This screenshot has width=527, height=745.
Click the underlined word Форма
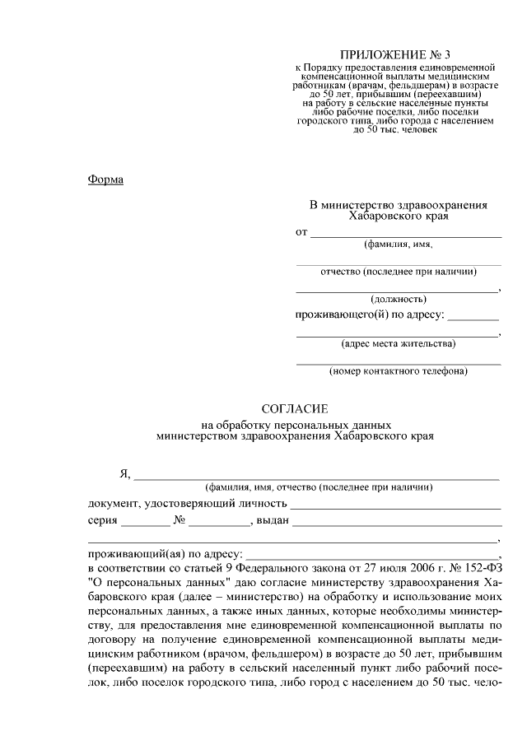coord(105,180)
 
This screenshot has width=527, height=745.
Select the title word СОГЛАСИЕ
coord(295,409)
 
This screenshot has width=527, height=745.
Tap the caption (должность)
coord(398,299)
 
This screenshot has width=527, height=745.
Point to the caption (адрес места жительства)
coord(398,343)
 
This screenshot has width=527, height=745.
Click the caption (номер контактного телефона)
coord(399,371)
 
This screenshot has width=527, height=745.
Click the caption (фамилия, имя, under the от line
coord(399,244)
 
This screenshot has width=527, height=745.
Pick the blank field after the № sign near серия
coord(217,524)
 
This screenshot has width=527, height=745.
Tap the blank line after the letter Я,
coord(317,477)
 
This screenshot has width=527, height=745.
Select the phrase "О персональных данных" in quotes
coord(150,583)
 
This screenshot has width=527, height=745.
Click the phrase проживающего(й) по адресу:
coord(370,315)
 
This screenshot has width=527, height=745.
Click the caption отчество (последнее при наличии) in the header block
coord(398,272)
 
